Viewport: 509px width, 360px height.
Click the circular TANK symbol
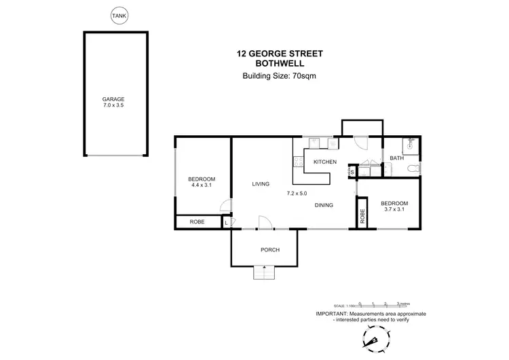118,14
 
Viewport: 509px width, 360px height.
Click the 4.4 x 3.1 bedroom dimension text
202,185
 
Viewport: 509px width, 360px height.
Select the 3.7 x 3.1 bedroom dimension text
394,209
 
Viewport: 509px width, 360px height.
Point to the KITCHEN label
325,162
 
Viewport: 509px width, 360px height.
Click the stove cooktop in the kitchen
297,162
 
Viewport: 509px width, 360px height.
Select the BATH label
396,159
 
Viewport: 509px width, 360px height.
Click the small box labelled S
352,170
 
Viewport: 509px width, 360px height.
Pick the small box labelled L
226,222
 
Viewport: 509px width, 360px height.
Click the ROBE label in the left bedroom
197,222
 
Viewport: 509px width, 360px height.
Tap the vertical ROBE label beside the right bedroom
363,216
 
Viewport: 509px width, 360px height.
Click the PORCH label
269,249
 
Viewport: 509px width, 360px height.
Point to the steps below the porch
263,272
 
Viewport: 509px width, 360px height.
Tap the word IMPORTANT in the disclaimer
332,314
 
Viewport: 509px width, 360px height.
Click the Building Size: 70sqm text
280,76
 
